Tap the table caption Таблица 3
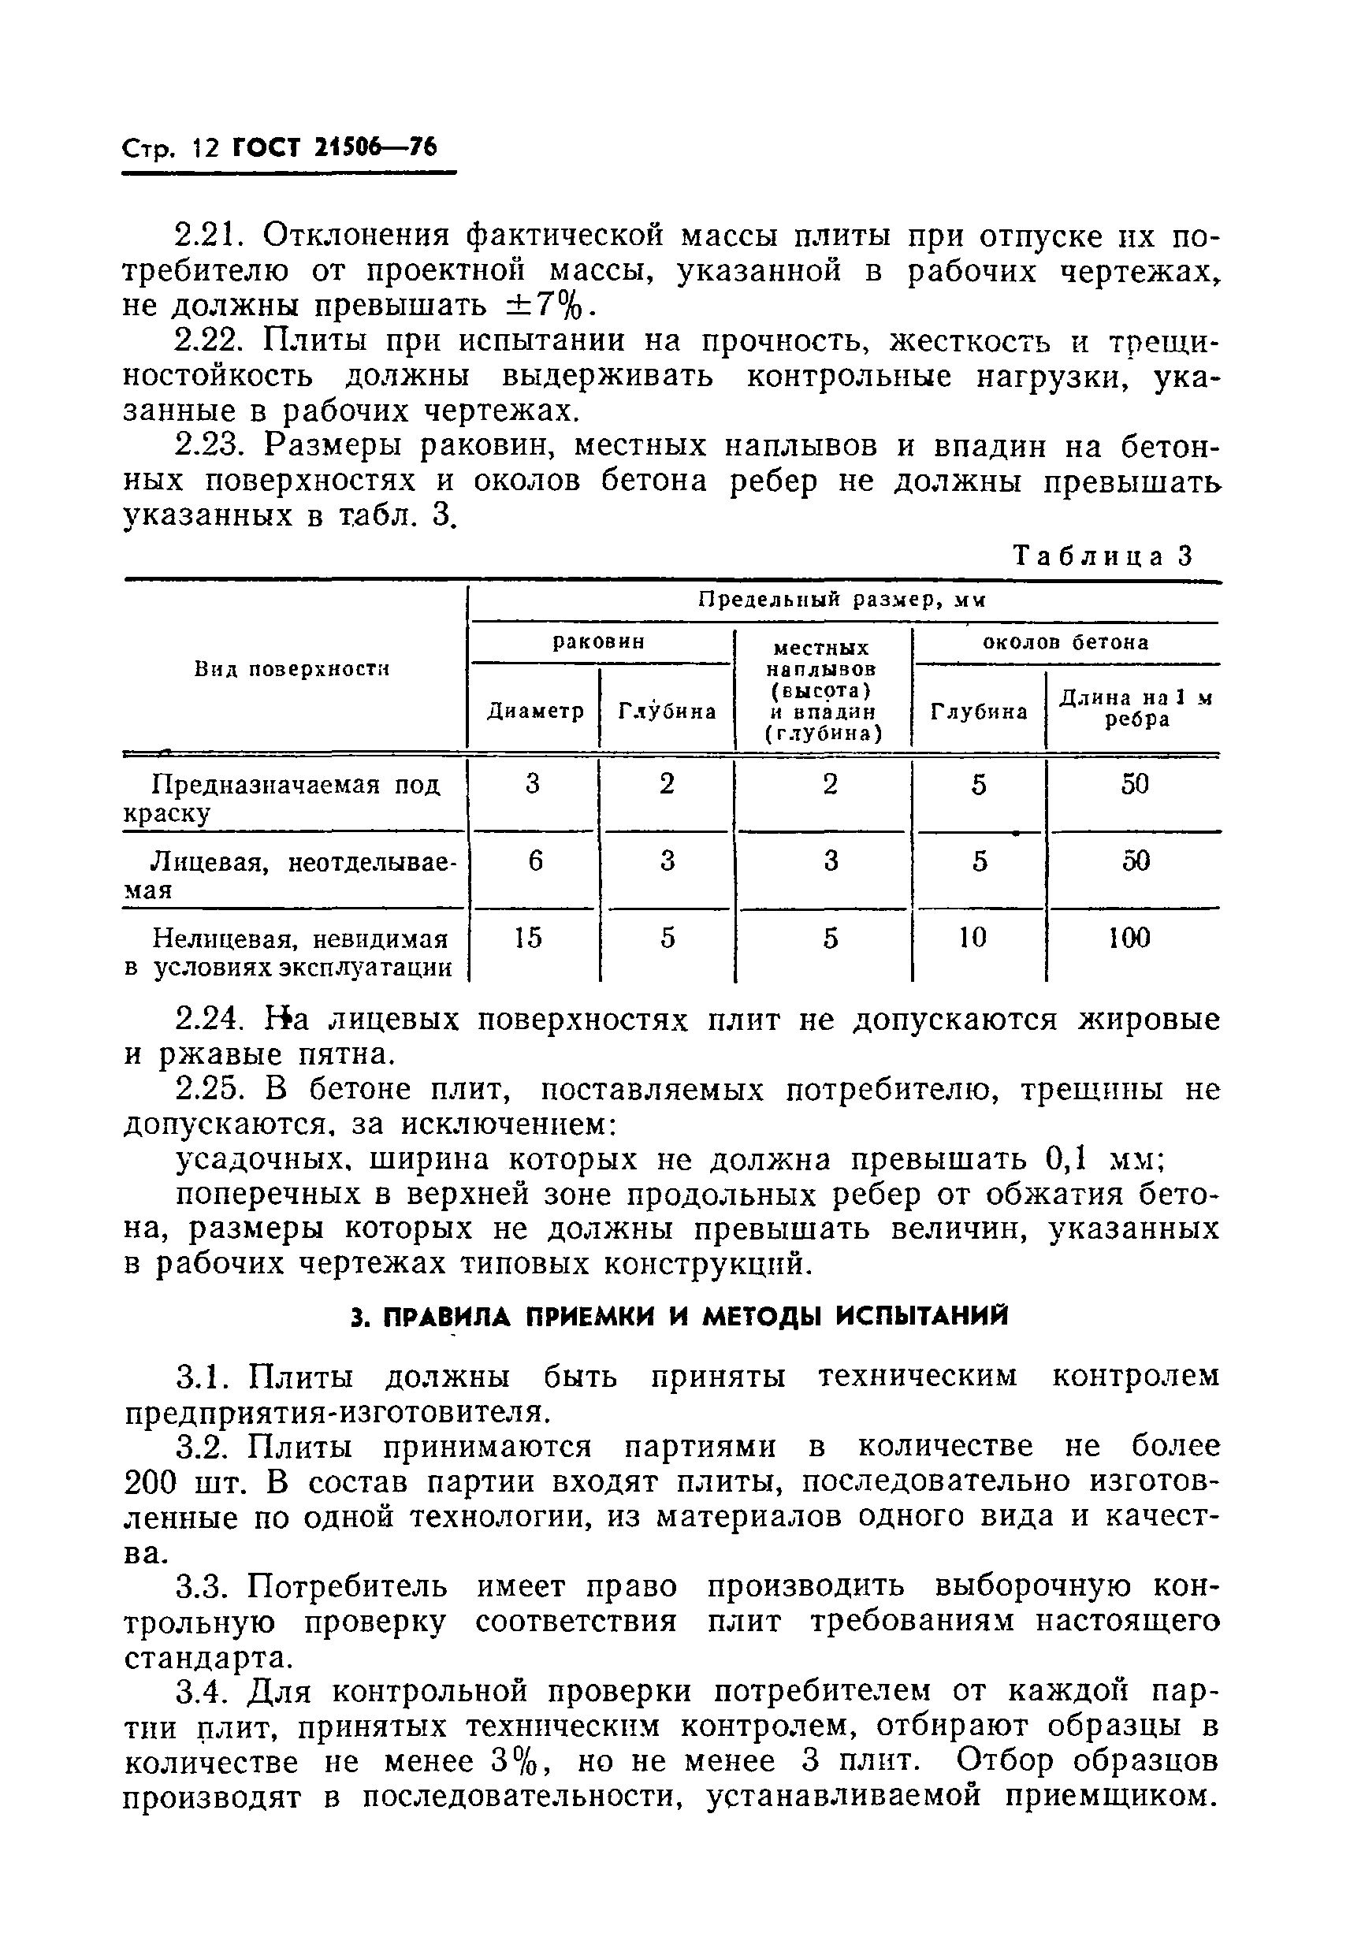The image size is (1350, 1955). point(1103,556)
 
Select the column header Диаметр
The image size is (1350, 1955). point(535,711)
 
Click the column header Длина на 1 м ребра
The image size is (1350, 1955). point(1136,708)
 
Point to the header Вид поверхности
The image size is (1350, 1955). point(292,670)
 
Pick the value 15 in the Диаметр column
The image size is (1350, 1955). point(529,937)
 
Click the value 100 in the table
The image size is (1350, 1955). point(1130,937)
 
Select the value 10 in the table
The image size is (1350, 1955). point(973,937)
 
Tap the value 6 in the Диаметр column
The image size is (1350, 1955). point(534,860)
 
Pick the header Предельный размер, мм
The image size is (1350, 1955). point(842,600)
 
